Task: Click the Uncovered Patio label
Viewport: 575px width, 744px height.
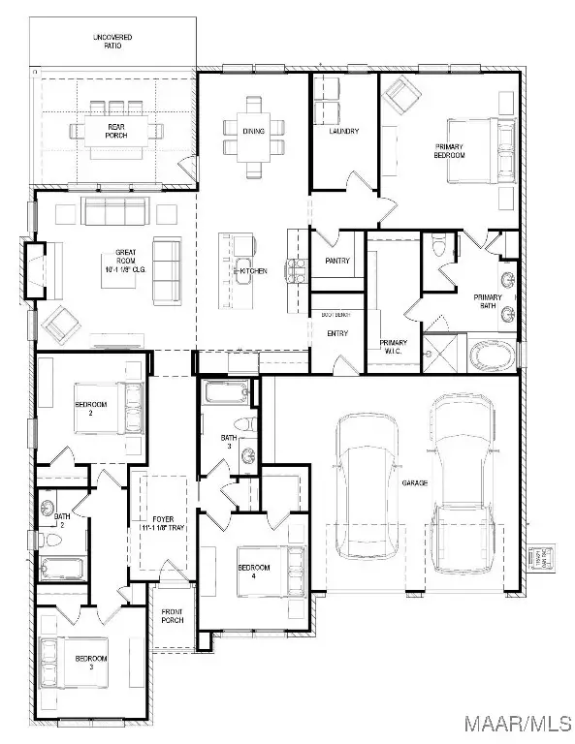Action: (112, 42)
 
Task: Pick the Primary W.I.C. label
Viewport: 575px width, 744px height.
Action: (393, 346)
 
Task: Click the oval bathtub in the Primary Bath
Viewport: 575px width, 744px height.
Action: (494, 356)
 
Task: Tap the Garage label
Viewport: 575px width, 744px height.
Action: (415, 481)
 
